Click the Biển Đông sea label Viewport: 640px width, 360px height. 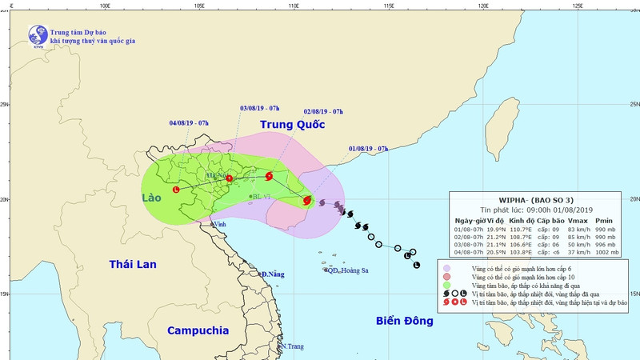pos(404,321)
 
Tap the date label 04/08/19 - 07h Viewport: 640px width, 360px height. pos(190,123)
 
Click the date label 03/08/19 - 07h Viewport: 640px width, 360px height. pos(260,108)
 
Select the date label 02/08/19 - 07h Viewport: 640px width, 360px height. pos(323,111)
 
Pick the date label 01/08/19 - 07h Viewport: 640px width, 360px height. pos(368,149)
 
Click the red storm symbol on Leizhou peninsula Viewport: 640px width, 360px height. pos(307,201)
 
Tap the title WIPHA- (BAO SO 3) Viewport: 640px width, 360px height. pos(535,199)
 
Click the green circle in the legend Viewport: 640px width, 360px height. pos(446,286)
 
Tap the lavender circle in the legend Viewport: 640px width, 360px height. pos(446,268)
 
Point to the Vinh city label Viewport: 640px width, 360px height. pos(218,226)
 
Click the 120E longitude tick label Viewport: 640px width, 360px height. pos(482,5)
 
